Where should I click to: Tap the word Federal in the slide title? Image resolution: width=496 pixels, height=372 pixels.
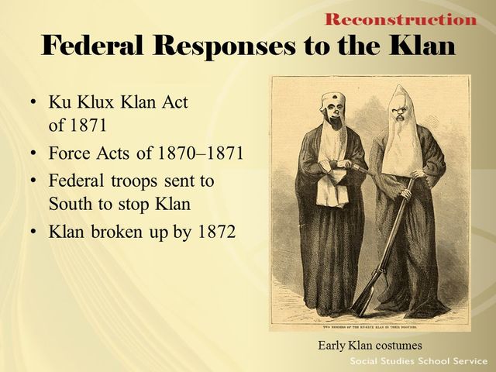tap(95, 46)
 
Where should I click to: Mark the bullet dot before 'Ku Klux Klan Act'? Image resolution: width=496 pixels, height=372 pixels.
tap(32, 103)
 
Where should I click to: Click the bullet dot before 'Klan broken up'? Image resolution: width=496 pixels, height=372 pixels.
tap(32, 232)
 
